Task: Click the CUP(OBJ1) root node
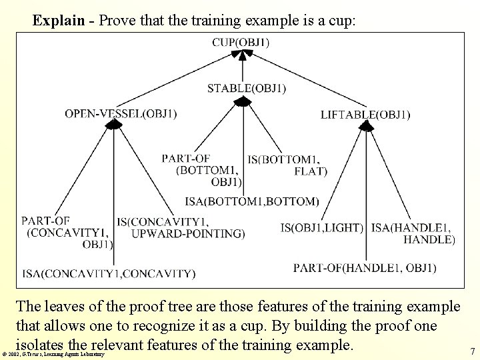tap(241, 43)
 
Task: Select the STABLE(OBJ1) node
tap(247, 87)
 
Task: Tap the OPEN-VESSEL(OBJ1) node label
tap(121, 114)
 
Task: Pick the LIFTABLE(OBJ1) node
tap(365, 115)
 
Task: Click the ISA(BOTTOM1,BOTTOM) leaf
tap(252, 201)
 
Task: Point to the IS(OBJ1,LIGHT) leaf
tap(321, 228)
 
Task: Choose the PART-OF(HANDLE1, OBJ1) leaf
tap(365, 268)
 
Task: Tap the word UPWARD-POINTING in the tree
tap(188, 233)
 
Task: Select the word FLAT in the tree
tap(311, 171)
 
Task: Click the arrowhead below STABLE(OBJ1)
tap(243, 101)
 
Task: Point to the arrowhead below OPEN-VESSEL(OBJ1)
tap(115, 125)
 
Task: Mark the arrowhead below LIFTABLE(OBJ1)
tap(366, 125)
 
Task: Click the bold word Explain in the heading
tap(59, 21)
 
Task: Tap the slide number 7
tap(472, 351)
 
